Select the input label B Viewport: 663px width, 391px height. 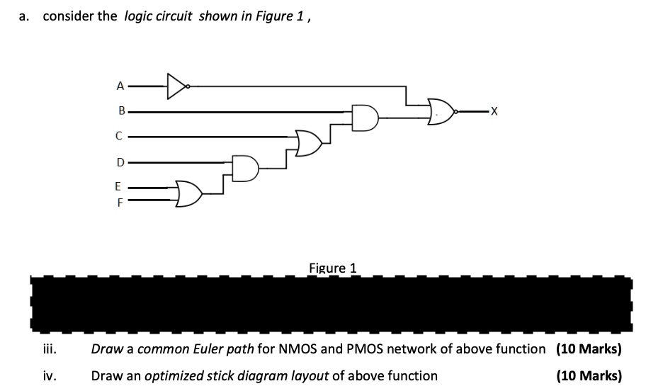click(x=121, y=111)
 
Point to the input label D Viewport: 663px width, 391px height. click(x=120, y=162)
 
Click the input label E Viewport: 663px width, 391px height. click(x=119, y=188)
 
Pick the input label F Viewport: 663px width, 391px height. click(x=120, y=201)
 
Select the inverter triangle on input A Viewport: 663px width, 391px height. click(x=178, y=86)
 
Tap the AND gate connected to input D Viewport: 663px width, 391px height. click(x=244, y=169)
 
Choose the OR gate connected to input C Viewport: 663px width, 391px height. click(x=307, y=143)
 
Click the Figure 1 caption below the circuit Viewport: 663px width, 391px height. click(x=332, y=268)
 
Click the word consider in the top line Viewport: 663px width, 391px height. click(x=69, y=16)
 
